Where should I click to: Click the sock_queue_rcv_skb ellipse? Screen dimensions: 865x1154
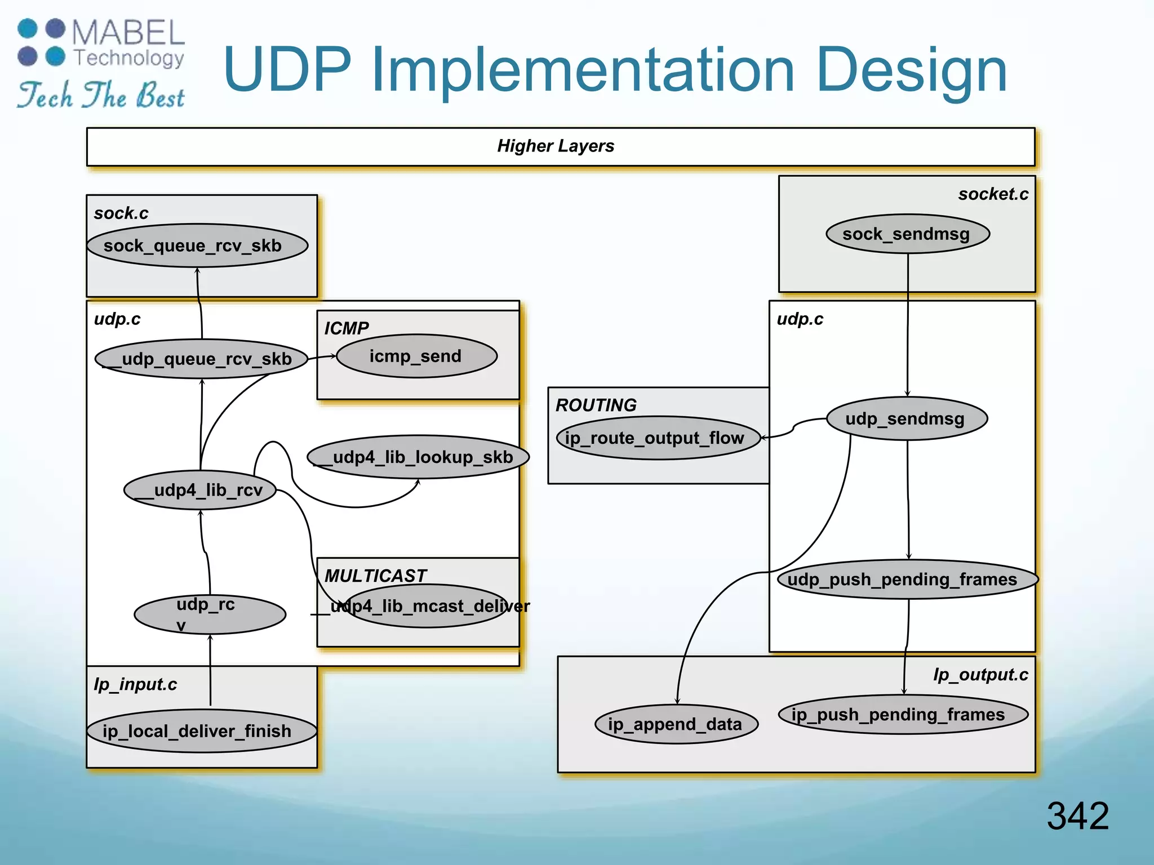(197, 246)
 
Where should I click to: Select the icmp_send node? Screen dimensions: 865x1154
(417, 356)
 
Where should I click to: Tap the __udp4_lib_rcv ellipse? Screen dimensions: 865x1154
(200, 490)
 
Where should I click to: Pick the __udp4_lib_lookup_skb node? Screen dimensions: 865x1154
(418, 457)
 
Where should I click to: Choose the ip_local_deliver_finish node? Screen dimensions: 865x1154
(201, 731)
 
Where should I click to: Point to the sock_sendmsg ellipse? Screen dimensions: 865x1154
(907, 234)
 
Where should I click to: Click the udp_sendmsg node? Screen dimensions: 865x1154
(907, 418)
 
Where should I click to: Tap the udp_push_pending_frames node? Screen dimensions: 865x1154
(907, 579)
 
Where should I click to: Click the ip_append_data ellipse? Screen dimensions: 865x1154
(676, 724)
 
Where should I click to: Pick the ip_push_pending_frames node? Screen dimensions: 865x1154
(903, 714)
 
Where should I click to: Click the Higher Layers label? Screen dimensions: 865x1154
(556, 146)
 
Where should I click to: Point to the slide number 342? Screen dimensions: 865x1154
(1077, 815)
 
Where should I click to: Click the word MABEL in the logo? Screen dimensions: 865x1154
(128, 33)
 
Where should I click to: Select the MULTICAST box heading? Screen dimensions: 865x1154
(375, 576)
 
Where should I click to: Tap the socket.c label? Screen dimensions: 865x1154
(993, 194)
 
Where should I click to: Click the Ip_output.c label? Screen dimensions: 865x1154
(980, 675)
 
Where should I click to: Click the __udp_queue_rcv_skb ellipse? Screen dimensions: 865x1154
(201, 359)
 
